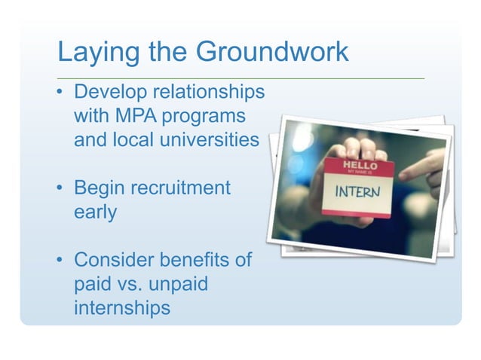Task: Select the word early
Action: [x=95, y=212]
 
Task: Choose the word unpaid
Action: [x=180, y=284]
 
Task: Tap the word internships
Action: [x=121, y=308]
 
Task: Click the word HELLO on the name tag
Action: [x=360, y=163]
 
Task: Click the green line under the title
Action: [x=241, y=77]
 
